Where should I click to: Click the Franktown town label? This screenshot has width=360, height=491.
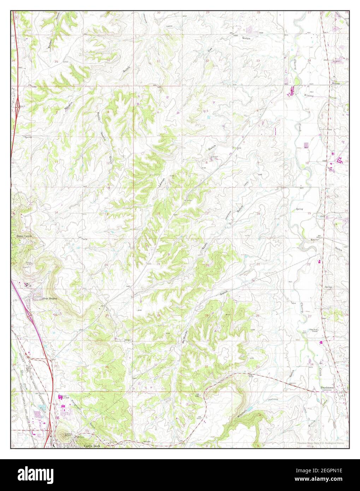click(327, 388)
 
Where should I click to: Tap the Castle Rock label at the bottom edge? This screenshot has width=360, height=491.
click(93, 446)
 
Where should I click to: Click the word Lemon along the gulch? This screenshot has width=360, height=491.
click(162, 181)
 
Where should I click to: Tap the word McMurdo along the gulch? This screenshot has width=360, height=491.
click(184, 337)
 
